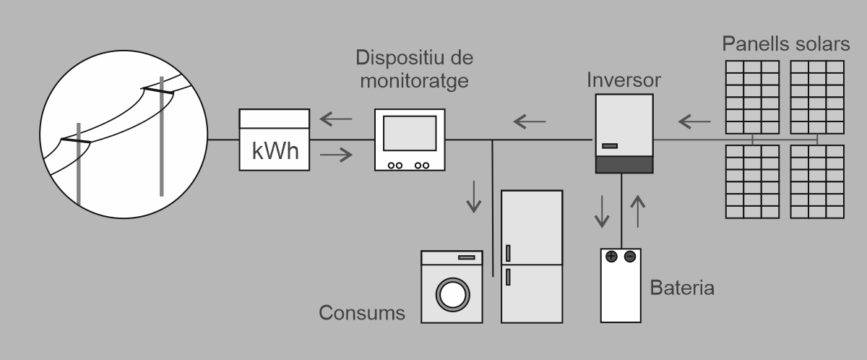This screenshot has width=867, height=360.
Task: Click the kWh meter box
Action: tap(275, 140)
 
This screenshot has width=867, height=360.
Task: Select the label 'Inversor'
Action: tap(624, 78)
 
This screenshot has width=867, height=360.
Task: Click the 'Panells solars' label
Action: tap(785, 44)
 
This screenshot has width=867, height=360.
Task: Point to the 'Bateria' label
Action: tap(682, 289)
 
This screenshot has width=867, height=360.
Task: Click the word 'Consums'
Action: tap(362, 314)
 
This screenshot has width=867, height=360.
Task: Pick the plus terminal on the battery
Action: tap(611, 256)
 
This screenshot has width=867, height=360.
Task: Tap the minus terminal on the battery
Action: tap(630, 256)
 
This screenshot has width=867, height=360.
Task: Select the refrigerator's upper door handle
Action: tap(508, 253)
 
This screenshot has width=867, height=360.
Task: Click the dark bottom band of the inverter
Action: tap(624, 164)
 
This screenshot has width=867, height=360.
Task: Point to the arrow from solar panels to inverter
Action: tap(695, 120)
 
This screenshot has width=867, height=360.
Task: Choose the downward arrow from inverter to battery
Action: tap(600, 210)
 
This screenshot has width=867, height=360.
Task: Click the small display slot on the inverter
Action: tap(610, 146)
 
